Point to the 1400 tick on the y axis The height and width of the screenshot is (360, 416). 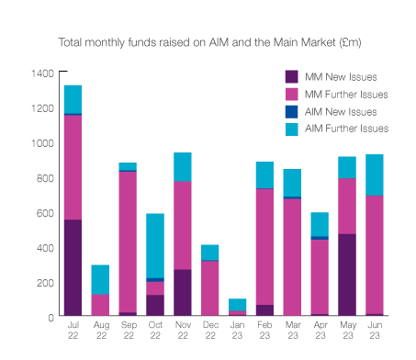point(40,73)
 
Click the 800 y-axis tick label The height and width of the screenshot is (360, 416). point(43,177)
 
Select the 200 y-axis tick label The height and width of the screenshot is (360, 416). point(43,282)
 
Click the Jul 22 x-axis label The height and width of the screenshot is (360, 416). point(73,330)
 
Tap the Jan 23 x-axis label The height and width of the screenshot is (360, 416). point(238,330)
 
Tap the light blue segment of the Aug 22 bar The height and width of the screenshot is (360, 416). point(100,279)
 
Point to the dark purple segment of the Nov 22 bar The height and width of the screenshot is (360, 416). point(183,293)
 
